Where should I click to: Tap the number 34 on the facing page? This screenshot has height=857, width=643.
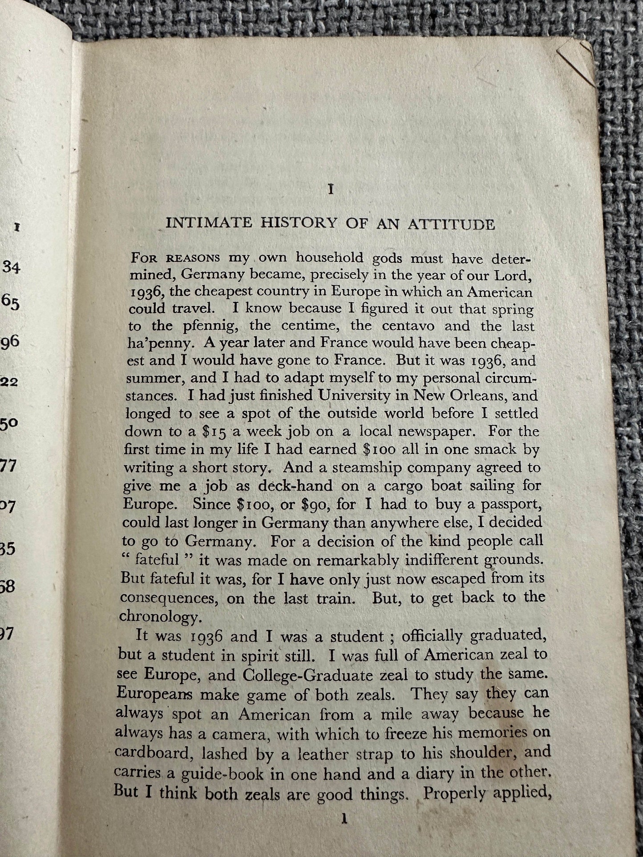coord(12,267)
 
